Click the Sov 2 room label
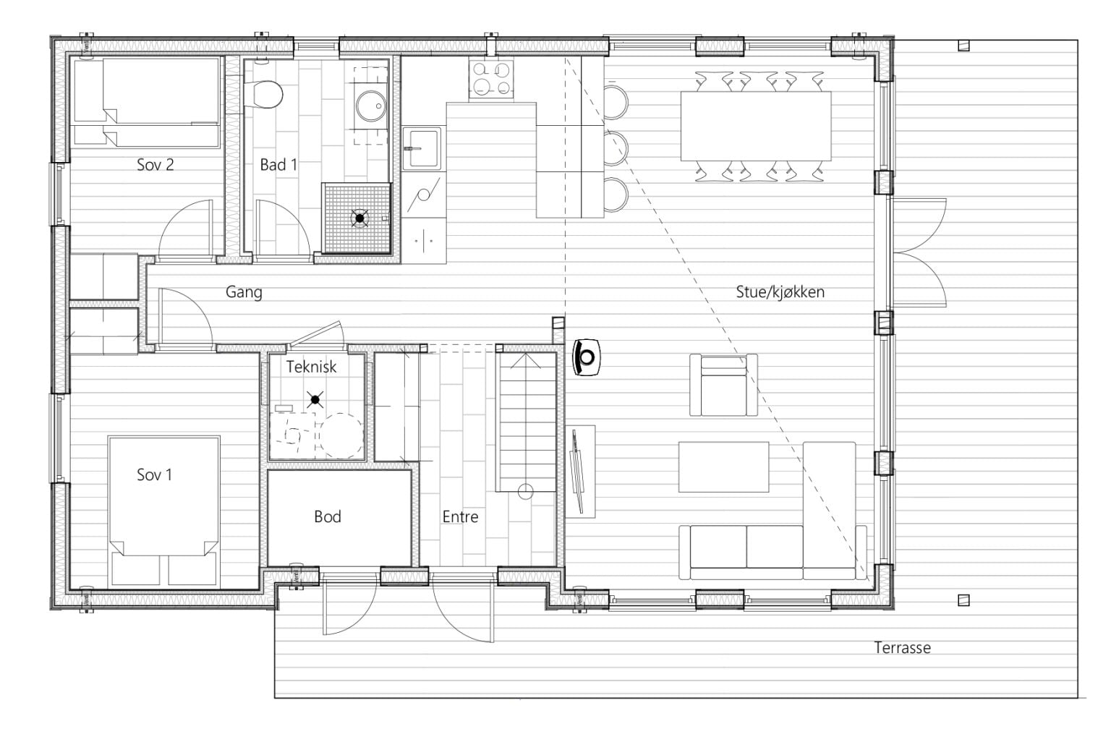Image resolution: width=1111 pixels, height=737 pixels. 156,165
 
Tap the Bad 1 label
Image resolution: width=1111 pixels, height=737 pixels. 278,165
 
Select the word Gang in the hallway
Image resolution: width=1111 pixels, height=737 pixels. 244,292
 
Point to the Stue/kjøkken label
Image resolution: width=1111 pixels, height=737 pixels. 780,292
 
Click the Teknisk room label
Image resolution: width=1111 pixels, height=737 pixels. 312,367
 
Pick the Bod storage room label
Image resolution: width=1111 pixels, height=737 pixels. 328,517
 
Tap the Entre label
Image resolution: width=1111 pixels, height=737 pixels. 460,517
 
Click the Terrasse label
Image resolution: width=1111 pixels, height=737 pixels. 902,648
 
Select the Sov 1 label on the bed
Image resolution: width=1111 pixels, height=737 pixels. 154,475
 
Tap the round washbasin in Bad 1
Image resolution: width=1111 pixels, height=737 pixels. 370,106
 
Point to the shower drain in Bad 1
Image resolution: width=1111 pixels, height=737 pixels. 359,218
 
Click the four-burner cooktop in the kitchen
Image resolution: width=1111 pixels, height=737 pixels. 491,80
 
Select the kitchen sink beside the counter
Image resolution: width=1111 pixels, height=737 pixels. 422,148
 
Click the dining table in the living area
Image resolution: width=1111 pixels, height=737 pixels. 755,126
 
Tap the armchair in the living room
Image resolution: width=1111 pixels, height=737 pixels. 723,385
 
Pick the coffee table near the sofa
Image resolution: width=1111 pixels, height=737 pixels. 723,467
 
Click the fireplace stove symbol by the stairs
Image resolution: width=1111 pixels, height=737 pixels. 587,357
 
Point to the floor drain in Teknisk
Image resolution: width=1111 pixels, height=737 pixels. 315,399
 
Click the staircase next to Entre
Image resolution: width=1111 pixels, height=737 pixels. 526,422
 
